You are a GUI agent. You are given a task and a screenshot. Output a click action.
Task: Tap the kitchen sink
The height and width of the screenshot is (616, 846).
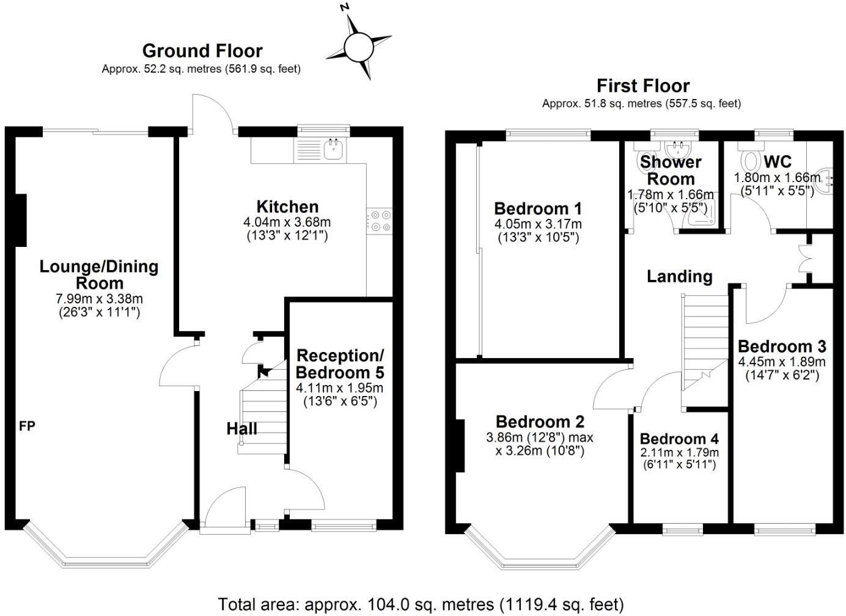coord(333,148)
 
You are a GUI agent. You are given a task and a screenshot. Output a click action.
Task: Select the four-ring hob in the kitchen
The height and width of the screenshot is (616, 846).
coord(380,221)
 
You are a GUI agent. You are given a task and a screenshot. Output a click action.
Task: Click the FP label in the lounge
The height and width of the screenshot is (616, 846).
coord(27,427)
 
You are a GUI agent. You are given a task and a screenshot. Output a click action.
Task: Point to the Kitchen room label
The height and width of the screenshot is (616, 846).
coord(287,207)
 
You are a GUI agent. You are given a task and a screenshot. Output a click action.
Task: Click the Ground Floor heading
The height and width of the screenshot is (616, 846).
coord(202,50)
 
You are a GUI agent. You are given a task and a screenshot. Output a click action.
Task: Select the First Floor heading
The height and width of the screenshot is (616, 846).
coord(642,86)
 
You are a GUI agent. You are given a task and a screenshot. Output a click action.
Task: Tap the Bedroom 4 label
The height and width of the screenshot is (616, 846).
coord(679,439)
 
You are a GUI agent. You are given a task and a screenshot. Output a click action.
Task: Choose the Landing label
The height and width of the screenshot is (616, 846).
coord(680,277)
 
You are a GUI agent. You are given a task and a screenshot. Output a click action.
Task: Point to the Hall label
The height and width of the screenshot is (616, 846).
coord(241,429)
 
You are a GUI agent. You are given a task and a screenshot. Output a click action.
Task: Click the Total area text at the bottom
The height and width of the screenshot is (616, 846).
coord(421,604)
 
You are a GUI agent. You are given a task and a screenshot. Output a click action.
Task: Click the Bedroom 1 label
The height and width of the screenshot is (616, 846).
coord(538,208)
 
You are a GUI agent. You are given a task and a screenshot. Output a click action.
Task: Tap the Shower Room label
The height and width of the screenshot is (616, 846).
coord(671,170)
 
